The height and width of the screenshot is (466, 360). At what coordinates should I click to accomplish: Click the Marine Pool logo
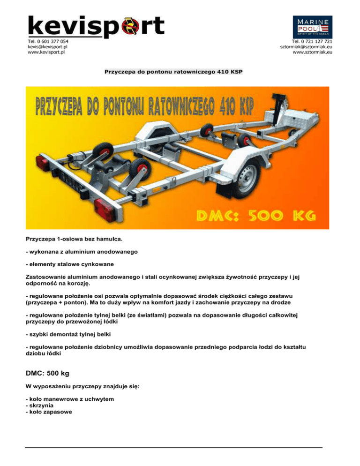[x=313, y=27]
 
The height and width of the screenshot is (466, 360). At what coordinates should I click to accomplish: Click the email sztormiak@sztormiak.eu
[x=306, y=47]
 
